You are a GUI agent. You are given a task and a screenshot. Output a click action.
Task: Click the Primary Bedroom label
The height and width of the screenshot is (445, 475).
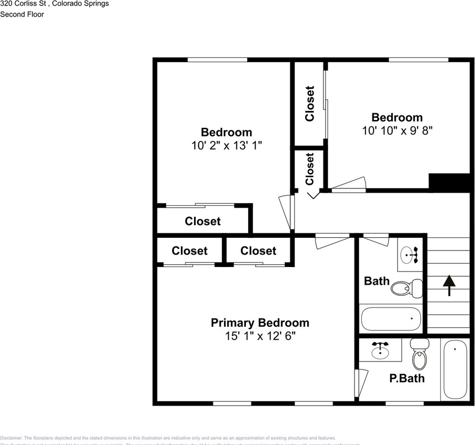point(260,323)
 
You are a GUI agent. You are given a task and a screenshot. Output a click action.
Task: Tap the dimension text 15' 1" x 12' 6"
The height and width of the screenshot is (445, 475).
point(260,336)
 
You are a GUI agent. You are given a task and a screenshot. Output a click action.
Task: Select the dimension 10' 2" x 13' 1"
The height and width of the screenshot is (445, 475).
point(226,146)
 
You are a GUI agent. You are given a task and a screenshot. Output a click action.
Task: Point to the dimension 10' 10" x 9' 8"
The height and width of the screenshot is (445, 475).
point(397,131)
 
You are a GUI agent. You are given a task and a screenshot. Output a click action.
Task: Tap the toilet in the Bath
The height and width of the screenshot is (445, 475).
point(407,288)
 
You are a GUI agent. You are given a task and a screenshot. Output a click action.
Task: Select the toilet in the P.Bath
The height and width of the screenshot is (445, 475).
point(419,354)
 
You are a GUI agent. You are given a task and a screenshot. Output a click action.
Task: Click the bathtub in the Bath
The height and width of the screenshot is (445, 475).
point(391,319)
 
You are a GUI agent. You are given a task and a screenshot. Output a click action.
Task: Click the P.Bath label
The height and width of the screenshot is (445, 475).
point(407,378)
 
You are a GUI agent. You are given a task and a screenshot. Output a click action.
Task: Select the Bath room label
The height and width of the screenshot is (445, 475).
point(377,281)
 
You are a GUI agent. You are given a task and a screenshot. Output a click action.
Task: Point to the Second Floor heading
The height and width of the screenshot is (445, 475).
point(22,14)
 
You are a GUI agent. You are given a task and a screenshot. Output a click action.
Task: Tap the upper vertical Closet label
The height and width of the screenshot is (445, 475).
point(309,104)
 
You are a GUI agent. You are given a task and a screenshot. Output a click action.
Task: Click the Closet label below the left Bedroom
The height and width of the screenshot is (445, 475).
point(203,222)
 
